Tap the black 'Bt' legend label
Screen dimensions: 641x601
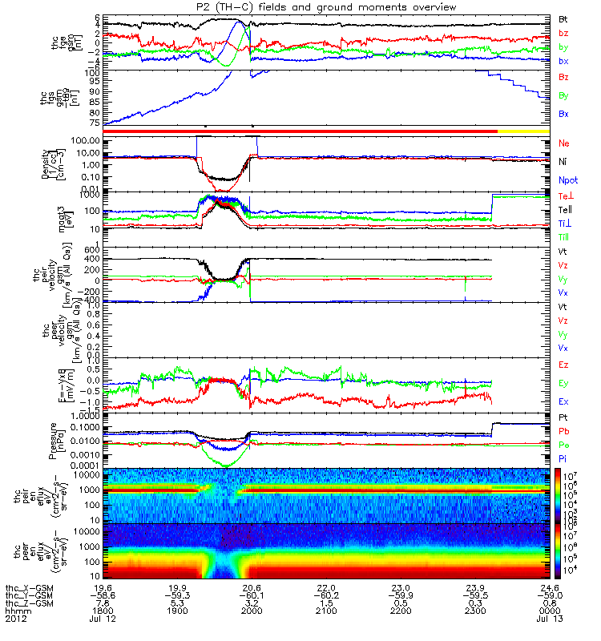point(563,18)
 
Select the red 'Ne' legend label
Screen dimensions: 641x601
point(563,143)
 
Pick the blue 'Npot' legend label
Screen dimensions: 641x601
point(567,181)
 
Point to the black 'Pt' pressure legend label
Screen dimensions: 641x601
point(563,418)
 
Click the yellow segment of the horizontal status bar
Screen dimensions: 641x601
point(524,129)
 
